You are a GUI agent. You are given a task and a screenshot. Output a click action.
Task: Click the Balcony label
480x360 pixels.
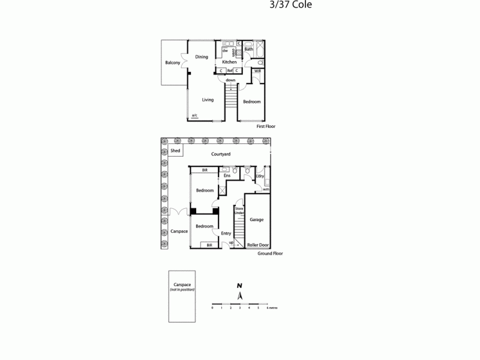[173, 63]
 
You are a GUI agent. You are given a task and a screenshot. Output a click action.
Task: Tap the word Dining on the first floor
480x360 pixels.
[202, 57]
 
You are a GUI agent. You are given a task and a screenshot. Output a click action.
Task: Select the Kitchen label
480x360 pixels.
[229, 62]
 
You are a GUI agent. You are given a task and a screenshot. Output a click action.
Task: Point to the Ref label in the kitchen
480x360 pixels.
[229, 71]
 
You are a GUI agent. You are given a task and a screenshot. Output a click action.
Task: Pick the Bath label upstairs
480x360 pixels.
[248, 49]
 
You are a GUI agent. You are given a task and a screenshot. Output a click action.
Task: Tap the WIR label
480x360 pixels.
[257, 71]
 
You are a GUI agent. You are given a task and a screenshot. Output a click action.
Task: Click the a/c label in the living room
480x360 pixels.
[194, 115]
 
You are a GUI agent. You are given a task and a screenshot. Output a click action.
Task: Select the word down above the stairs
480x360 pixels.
[230, 80]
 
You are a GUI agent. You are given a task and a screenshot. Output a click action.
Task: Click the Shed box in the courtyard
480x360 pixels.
[175, 151]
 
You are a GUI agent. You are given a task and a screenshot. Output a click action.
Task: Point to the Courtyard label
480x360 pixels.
[221, 154]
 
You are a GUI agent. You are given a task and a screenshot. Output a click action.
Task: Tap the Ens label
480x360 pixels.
[227, 176]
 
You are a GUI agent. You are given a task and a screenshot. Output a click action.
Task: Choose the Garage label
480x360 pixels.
[256, 220]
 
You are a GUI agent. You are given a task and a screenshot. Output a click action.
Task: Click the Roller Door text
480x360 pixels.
[257, 245]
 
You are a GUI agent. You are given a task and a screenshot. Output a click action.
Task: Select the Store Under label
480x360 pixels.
[239, 211]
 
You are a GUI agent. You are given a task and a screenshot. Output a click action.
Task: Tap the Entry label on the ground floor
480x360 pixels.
[226, 233]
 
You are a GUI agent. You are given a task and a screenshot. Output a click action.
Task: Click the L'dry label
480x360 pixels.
[260, 176]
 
